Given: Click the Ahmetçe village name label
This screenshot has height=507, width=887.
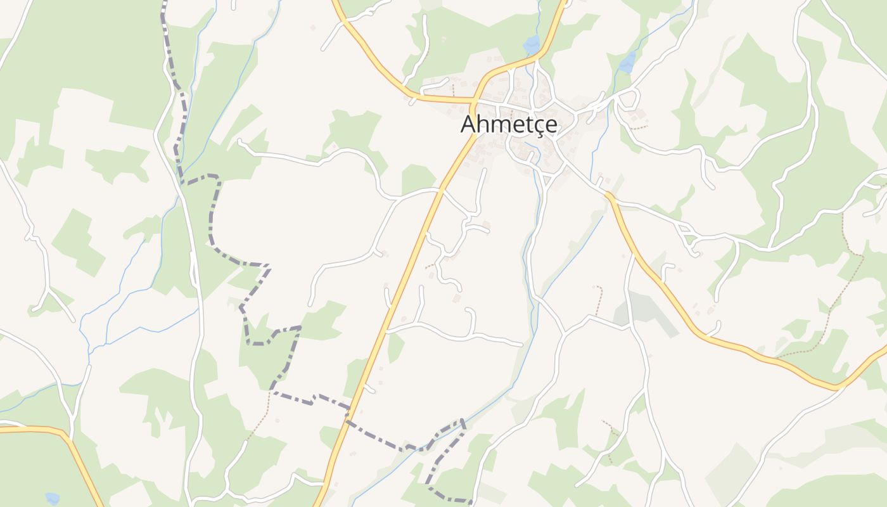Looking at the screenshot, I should (509, 124).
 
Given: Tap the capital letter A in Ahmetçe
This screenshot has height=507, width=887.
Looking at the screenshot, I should (469, 124).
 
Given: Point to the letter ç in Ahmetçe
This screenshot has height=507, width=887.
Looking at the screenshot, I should (540, 125).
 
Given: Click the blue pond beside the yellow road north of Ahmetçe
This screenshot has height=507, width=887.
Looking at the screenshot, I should (532, 44).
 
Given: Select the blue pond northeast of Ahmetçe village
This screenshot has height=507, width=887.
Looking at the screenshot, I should (628, 61).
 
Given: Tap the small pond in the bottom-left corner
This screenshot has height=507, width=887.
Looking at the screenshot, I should (53, 498).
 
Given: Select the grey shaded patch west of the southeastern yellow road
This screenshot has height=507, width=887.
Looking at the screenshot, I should (646, 311).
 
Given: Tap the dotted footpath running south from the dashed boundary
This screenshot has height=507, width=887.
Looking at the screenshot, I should (260, 425).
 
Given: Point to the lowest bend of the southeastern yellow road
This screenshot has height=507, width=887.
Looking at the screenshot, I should (835, 386).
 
